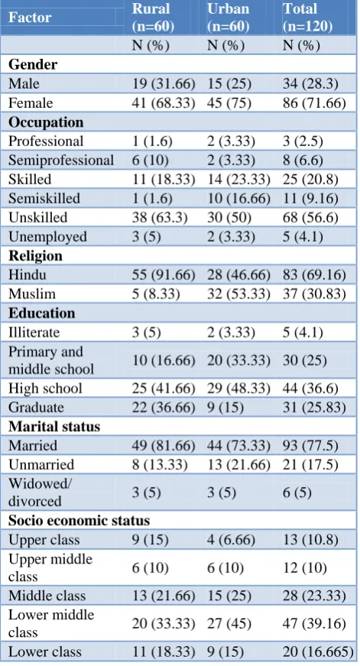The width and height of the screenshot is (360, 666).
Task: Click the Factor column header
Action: [30, 18]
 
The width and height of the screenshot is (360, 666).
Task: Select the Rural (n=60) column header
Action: [153, 18]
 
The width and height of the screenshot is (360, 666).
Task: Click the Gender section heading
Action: [33, 64]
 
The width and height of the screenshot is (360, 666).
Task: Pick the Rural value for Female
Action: [164, 103]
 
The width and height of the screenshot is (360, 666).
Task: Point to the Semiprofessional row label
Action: [61, 160]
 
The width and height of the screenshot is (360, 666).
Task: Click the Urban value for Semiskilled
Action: [238, 198]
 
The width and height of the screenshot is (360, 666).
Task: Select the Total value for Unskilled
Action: [310, 217]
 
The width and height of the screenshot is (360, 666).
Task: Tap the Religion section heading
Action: [35, 255]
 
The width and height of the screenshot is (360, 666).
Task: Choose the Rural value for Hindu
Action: [164, 275]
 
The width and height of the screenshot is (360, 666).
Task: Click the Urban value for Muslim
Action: [238, 294]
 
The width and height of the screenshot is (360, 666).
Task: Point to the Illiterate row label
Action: [34, 332]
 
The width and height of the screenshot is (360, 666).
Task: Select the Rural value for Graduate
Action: [164, 408]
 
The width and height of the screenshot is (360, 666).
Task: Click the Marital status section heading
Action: [54, 427]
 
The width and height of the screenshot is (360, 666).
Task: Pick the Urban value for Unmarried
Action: [238, 465]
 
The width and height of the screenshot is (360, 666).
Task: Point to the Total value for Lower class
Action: [318, 651]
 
